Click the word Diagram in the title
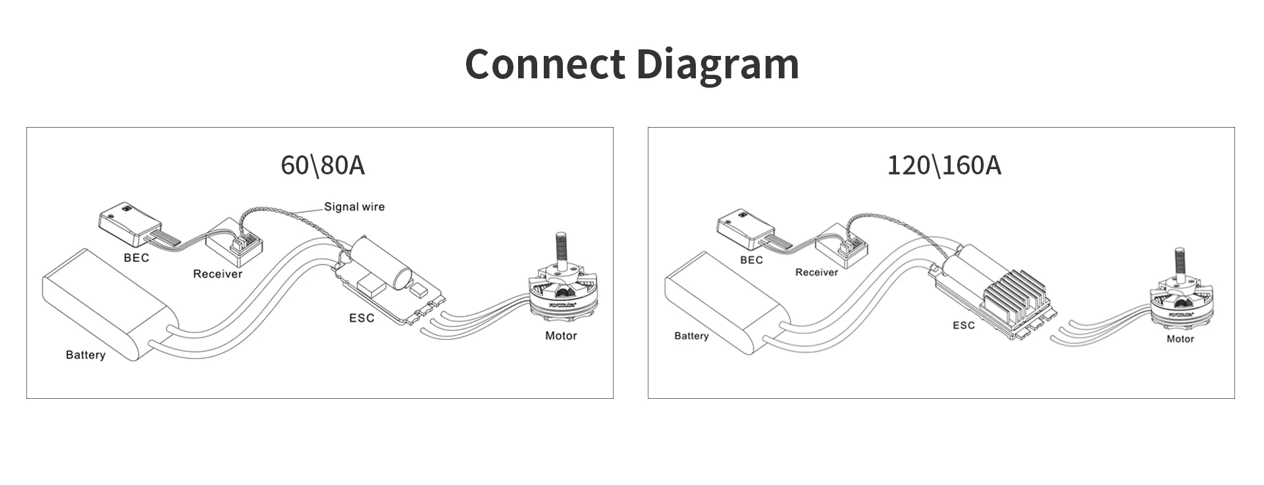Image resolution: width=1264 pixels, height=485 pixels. pyautogui.click(x=717, y=64)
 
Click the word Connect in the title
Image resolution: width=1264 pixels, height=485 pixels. pyautogui.click(x=545, y=64)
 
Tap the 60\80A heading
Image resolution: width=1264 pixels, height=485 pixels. pyautogui.click(x=322, y=165)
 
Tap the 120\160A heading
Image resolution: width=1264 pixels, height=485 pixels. pyautogui.click(x=944, y=165)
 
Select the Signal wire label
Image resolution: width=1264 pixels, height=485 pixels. pyautogui.click(x=354, y=207)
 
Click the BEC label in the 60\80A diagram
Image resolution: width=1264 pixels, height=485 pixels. pyautogui.click(x=136, y=258)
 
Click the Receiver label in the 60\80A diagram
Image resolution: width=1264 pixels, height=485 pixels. pyautogui.click(x=217, y=274)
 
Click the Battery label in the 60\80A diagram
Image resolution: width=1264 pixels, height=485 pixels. pyautogui.click(x=86, y=355)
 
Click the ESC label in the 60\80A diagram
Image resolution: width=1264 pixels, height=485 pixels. pyautogui.click(x=361, y=318)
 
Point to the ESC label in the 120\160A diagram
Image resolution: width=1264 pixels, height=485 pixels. pyautogui.click(x=963, y=325)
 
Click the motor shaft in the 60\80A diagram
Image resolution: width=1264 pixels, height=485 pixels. pyautogui.click(x=561, y=249)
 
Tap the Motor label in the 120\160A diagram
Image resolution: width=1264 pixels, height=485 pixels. pyautogui.click(x=1180, y=339)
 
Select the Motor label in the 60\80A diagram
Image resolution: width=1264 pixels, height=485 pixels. pyautogui.click(x=561, y=336)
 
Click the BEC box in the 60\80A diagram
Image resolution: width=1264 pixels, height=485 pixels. pyautogui.click(x=129, y=220)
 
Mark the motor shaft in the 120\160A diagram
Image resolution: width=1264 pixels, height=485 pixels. pyautogui.click(x=1180, y=263)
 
